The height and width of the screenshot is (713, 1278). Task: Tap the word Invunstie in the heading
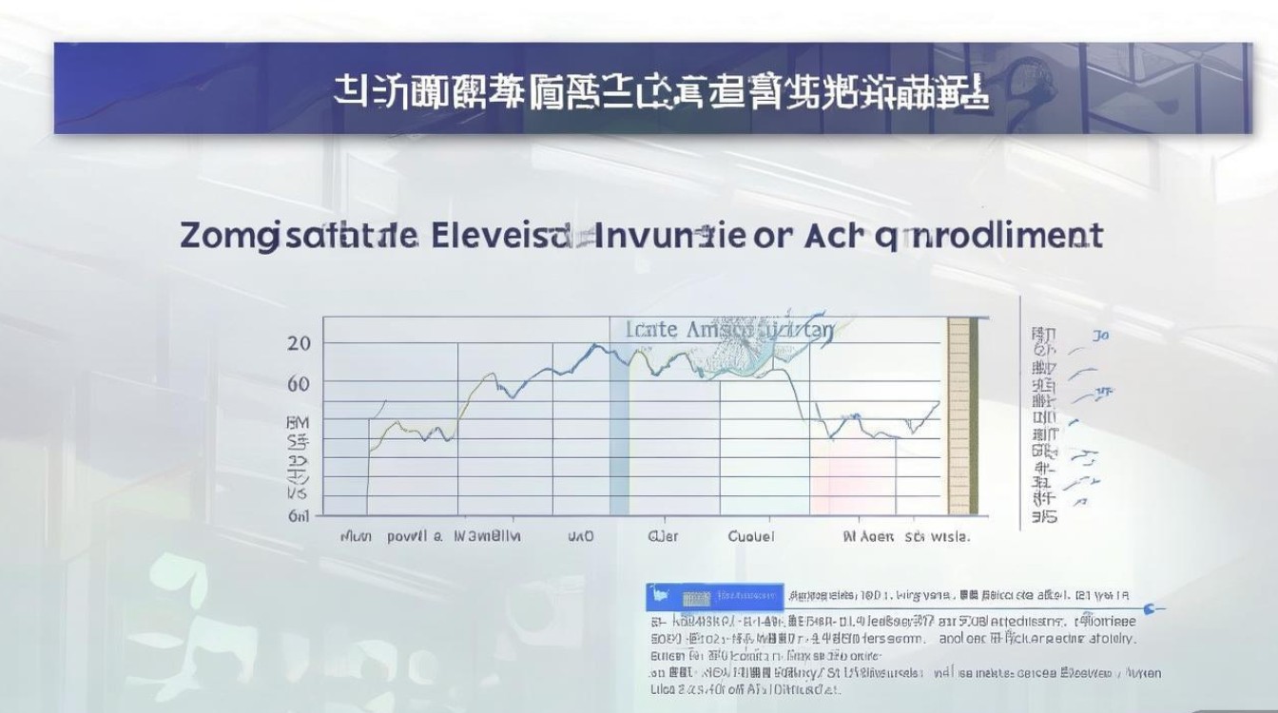click(671, 235)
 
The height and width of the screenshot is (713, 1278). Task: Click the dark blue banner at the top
click(652, 87)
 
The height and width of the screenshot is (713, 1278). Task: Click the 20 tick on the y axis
click(298, 343)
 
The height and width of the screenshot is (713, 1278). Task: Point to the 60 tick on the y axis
click(298, 383)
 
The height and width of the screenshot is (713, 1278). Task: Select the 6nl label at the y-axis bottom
click(298, 516)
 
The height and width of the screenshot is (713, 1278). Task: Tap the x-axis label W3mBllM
click(487, 536)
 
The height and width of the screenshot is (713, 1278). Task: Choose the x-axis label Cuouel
click(751, 536)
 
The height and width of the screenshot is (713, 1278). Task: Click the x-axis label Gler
click(663, 536)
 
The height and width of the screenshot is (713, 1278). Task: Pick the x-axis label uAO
click(580, 536)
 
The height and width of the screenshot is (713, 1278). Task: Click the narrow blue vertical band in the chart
click(619, 437)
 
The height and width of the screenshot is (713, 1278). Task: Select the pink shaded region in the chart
click(852, 475)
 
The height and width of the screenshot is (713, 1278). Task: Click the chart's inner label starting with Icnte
click(730, 330)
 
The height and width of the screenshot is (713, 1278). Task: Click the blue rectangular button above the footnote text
click(714, 597)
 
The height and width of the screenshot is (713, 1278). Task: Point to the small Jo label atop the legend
click(1101, 335)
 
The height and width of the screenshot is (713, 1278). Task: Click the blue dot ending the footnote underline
click(1151, 607)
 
